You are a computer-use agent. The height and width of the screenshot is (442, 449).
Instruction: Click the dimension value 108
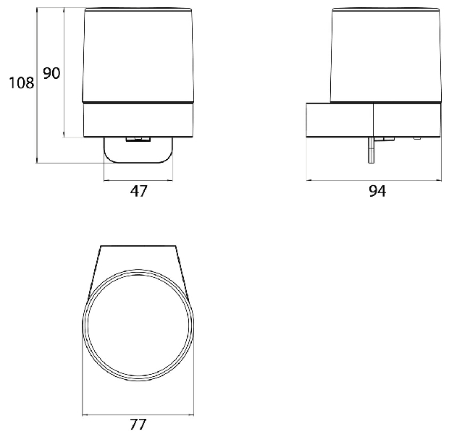point(22,83)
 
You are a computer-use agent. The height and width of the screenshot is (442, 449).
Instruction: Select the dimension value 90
point(51,73)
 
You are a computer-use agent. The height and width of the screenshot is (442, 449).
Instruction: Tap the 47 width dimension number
point(138,191)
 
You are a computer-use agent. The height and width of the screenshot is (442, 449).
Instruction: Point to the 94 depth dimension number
point(377,191)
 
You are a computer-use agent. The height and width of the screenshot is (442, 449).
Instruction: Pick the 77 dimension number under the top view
point(138,425)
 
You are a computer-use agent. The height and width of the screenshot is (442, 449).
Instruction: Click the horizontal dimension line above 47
point(138,181)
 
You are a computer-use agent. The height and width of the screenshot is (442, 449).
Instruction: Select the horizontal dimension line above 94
point(374,181)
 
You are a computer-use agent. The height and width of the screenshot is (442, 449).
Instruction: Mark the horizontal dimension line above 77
point(138,415)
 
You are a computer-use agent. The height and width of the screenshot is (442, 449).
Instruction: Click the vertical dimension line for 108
point(37,85)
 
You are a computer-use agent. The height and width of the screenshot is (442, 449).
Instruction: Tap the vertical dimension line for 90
point(64,72)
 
